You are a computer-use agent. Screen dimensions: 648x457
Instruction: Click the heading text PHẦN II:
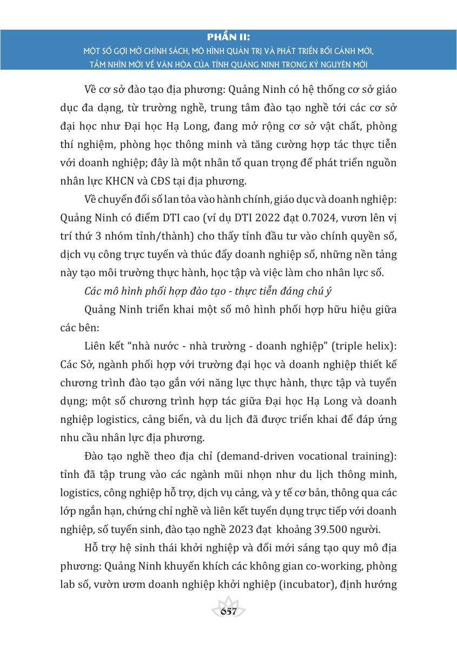pyautogui.click(x=228, y=37)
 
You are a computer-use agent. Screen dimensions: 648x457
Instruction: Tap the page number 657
pyautogui.click(x=229, y=612)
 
